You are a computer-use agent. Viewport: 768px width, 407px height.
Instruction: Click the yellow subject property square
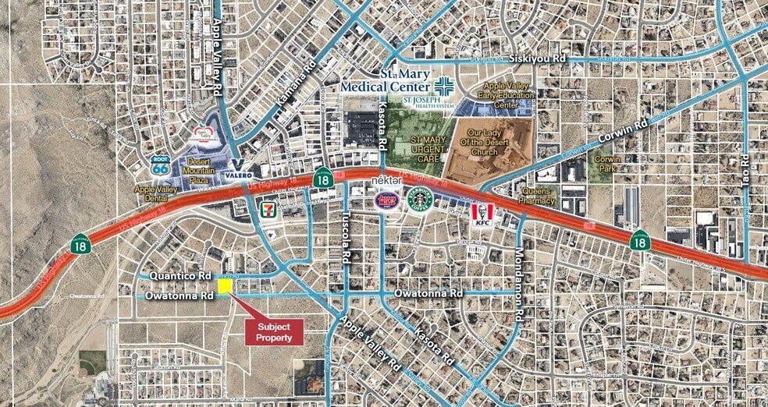(225, 287)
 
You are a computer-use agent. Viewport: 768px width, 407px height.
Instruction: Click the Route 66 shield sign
(161, 165)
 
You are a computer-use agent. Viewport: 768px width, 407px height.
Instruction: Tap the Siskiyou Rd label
(536, 58)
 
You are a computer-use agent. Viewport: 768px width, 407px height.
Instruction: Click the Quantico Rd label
(182, 277)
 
